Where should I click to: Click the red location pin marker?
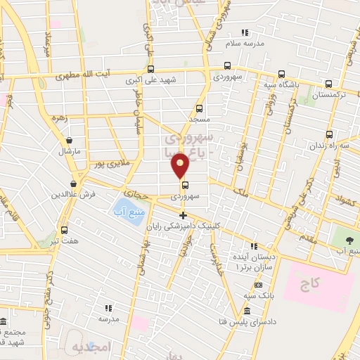(x=180, y=165)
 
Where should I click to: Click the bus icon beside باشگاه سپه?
(x=282, y=74)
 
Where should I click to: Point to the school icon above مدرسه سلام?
(x=245, y=32)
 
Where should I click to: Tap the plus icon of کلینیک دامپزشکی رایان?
(x=184, y=215)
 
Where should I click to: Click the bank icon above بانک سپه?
(x=259, y=285)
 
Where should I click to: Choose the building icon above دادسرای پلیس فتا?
(x=247, y=311)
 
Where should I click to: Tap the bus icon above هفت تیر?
(x=65, y=230)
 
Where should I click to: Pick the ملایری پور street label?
(x=112, y=163)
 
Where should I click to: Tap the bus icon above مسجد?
(x=200, y=109)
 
